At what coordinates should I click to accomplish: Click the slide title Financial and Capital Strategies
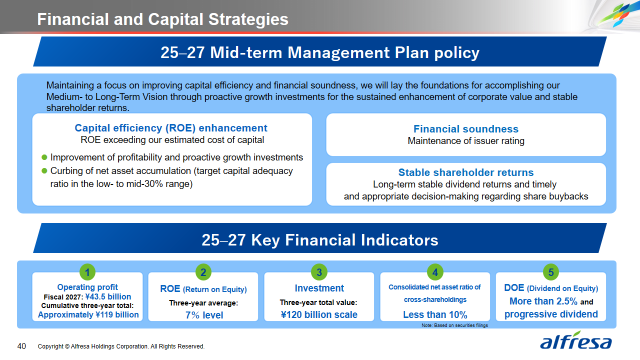point(163,19)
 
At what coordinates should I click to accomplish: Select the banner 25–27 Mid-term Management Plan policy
point(320,51)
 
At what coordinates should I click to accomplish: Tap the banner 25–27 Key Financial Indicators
point(320,238)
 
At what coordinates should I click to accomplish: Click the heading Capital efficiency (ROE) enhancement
point(171,128)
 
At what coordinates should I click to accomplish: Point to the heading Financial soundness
point(466,129)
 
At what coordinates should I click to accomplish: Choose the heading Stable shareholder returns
point(466,172)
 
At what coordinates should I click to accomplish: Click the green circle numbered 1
point(87,272)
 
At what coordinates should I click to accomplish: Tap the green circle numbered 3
point(319,272)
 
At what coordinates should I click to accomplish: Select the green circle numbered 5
point(551,272)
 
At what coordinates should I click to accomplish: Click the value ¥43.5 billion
point(108,296)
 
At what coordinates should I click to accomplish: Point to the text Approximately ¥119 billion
point(88,314)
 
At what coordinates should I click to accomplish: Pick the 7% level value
point(204,315)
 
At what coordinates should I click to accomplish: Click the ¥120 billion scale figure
point(319,314)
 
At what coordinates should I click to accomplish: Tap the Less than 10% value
point(435,314)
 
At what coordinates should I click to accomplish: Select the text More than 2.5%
point(543,301)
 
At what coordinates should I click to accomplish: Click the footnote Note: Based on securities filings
point(455,325)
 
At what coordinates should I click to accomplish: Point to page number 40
point(21,346)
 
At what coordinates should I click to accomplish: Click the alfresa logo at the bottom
point(575,340)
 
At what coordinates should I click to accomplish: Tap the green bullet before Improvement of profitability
point(44,157)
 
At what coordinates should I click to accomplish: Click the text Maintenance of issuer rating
point(466,141)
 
